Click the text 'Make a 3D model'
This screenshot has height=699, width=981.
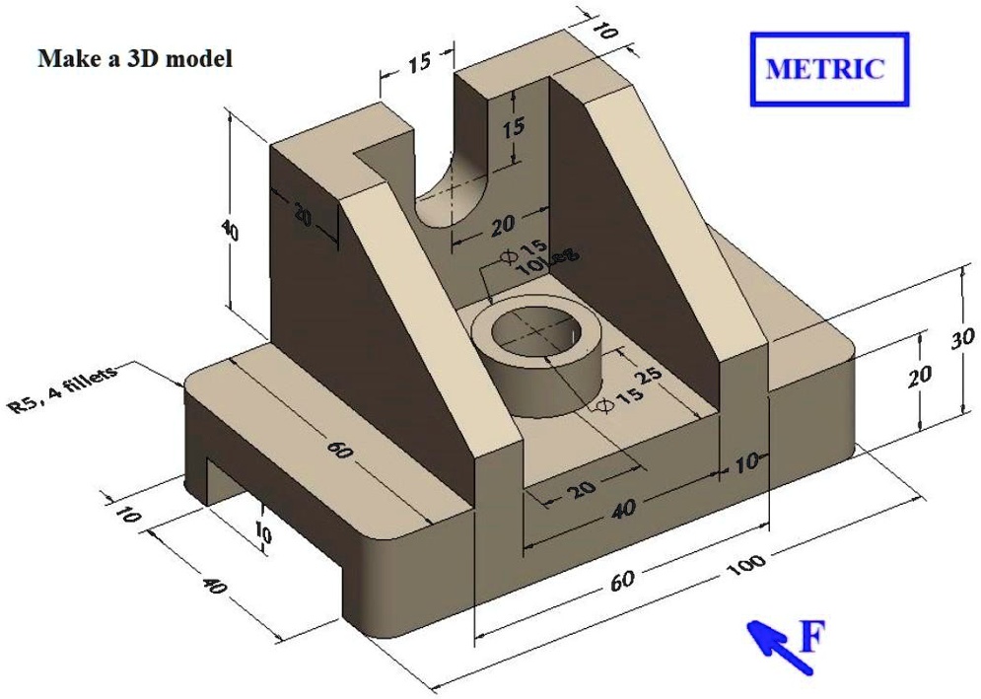click(x=135, y=59)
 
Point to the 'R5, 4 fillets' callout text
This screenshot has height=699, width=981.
click(x=63, y=390)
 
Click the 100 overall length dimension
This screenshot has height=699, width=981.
click(x=746, y=567)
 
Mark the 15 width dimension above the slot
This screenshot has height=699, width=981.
click(x=418, y=63)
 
